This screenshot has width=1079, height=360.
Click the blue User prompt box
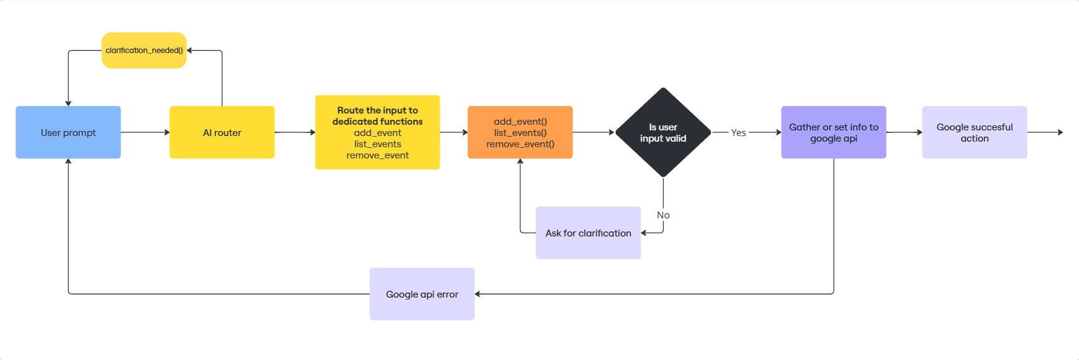(x=68, y=132)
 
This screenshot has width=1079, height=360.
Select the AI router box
(x=222, y=132)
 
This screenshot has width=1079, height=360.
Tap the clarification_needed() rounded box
(x=144, y=51)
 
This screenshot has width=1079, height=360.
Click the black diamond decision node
(x=663, y=132)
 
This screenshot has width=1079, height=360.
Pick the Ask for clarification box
(x=588, y=233)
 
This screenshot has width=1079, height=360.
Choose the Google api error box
(x=422, y=294)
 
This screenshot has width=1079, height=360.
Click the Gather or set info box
(x=834, y=132)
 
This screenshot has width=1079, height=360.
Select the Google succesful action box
(x=975, y=132)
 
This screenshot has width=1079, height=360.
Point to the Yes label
(x=738, y=132)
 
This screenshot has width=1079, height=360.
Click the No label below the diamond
(x=663, y=215)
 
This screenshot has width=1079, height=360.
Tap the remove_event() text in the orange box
(x=520, y=144)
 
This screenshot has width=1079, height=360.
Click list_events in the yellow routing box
(x=377, y=144)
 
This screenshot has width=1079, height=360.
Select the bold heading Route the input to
(x=377, y=110)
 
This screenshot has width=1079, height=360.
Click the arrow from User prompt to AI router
(x=145, y=132)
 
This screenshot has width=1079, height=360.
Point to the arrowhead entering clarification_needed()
(x=190, y=51)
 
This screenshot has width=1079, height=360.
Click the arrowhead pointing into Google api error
(x=478, y=294)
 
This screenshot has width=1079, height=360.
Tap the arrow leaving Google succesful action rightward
(x=1045, y=132)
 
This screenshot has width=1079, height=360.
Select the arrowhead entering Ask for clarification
(x=644, y=233)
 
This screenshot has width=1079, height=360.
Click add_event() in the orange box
(x=520, y=122)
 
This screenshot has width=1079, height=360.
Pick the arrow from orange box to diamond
(x=594, y=132)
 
